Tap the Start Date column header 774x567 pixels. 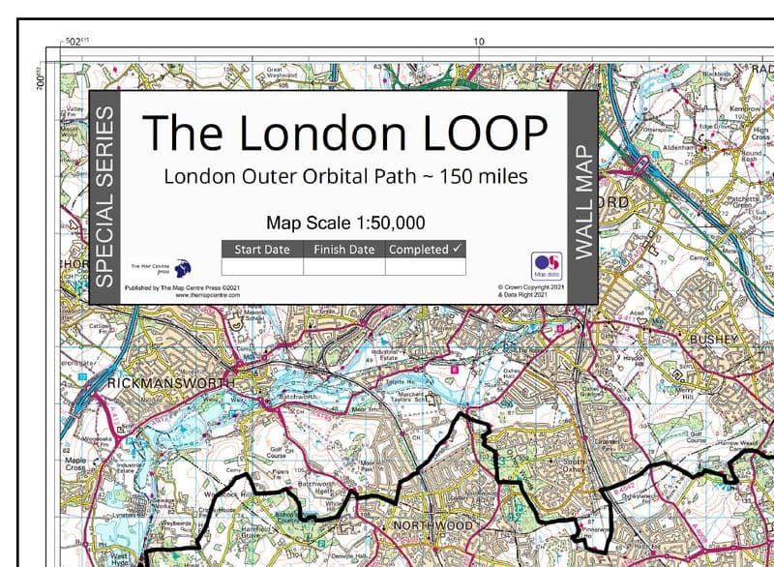click(262, 250)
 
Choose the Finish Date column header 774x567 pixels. click(343, 250)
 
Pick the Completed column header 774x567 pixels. click(425, 250)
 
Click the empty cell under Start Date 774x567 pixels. click(262, 266)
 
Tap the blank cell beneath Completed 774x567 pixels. click(425, 266)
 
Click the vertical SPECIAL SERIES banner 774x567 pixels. click(104, 197)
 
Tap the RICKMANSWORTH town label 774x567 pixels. click(171, 383)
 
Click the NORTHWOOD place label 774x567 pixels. click(432, 525)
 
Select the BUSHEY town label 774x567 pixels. click(714, 340)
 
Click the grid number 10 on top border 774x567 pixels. click(478, 42)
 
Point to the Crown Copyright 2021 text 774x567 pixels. click(530, 287)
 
